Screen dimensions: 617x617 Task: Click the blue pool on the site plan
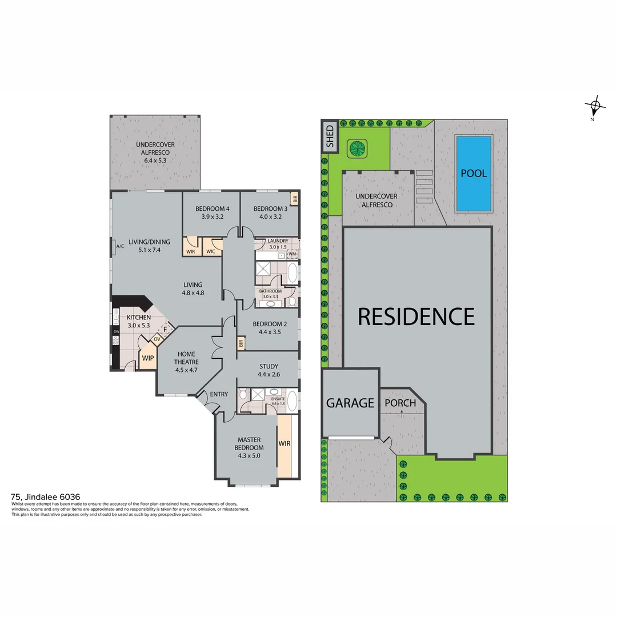click(x=473, y=173)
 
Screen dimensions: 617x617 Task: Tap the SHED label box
click(x=330, y=137)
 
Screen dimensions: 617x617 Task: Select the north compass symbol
click(x=595, y=106)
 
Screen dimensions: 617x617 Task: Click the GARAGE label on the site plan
click(x=350, y=403)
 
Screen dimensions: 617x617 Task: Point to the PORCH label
click(x=400, y=403)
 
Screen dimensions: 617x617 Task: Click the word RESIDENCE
click(x=416, y=316)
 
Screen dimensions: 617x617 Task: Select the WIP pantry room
click(x=148, y=359)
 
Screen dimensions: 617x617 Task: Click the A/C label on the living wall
click(x=120, y=247)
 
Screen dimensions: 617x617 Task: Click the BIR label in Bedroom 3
click(x=295, y=199)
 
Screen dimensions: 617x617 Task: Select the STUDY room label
click(x=268, y=366)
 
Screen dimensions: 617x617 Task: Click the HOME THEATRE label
click(x=186, y=358)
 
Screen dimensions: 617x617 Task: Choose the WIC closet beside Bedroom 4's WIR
click(x=210, y=251)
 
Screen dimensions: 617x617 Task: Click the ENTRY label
click(x=219, y=394)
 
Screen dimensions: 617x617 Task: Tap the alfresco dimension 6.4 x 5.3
click(x=154, y=161)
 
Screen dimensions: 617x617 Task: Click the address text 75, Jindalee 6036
click(x=46, y=496)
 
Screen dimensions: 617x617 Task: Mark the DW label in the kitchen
click(x=116, y=331)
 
